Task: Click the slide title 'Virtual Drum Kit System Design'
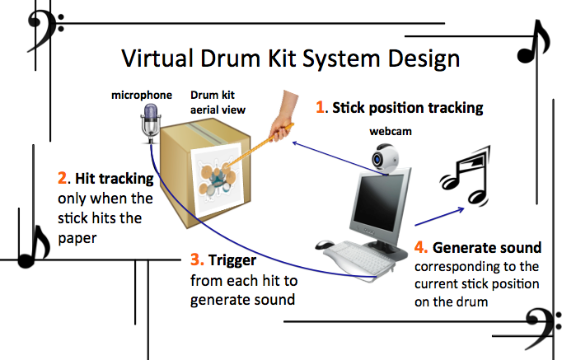tap(290, 59)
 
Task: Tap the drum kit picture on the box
tap(215, 177)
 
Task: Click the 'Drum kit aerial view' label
tap(218, 103)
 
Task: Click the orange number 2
tap(63, 177)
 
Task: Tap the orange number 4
tap(419, 247)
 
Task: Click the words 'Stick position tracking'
tap(407, 107)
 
